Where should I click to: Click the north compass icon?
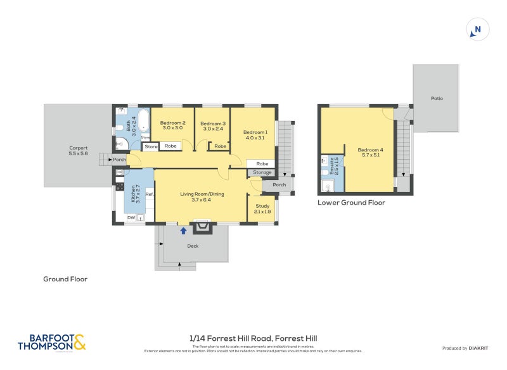(x=478, y=29)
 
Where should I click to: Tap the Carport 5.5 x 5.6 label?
(x=78, y=151)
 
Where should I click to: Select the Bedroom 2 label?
(x=172, y=125)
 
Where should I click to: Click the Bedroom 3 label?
(x=213, y=125)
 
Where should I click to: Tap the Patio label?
(x=437, y=98)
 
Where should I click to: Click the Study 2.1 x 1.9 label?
(x=262, y=208)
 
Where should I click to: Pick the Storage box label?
(x=262, y=172)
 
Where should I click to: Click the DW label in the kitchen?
(x=131, y=218)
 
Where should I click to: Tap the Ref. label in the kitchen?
(x=150, y=195)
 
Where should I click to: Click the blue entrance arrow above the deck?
(x=183, y=231)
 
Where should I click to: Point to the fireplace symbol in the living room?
(x=202, y=226)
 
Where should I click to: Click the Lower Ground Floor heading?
(x=351, y=203)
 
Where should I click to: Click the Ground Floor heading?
(x=65, y=279)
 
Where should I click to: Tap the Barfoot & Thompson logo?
(x=51, y=343)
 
